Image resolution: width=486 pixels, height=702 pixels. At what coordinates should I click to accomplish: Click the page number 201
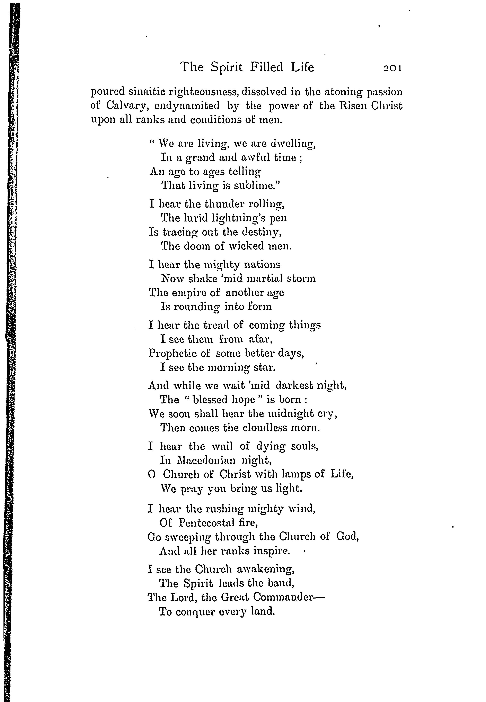tap(392, 67)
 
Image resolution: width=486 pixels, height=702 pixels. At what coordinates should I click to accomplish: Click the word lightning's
tap(232, 218)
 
